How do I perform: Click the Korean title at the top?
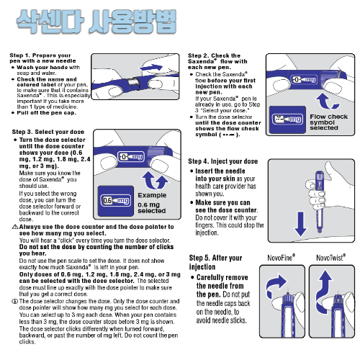point(96,22)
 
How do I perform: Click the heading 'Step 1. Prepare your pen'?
point(42,58)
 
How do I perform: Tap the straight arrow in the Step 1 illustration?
point(152,67)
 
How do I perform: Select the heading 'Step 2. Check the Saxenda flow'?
point(217,61)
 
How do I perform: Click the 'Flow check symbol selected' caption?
point(328,122)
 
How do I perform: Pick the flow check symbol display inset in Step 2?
point(287,120)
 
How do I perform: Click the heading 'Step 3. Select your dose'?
point(48,132)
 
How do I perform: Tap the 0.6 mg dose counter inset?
point(116,201)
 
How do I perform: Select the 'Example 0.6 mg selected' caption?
point(152,203)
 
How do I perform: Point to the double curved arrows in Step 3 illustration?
point(155,180)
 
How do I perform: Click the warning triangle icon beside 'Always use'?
point(15,227)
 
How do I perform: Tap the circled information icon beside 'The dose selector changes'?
point(15,301)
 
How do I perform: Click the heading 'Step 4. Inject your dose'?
point(223,161)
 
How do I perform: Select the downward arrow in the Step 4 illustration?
point(300,224)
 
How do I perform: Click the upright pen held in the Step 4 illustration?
point(319,202)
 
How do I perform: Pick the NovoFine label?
point(282,258)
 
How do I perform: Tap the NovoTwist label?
point(331,258)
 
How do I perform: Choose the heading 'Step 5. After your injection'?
point(215,262)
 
